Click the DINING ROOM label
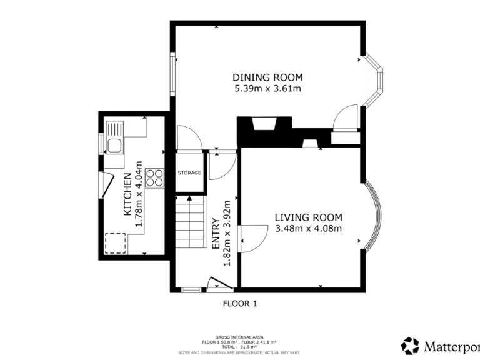(267, 77)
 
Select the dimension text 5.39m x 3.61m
(267, 89)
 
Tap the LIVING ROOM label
(309, 217)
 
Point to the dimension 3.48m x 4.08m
(309, 228)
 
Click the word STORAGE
(189, 172)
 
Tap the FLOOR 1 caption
(240, 304)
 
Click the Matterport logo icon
(410, 346)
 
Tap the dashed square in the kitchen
(115, 243)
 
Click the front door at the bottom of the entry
(219, 285)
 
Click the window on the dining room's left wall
(172, 77)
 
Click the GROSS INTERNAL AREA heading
(240, 336)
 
